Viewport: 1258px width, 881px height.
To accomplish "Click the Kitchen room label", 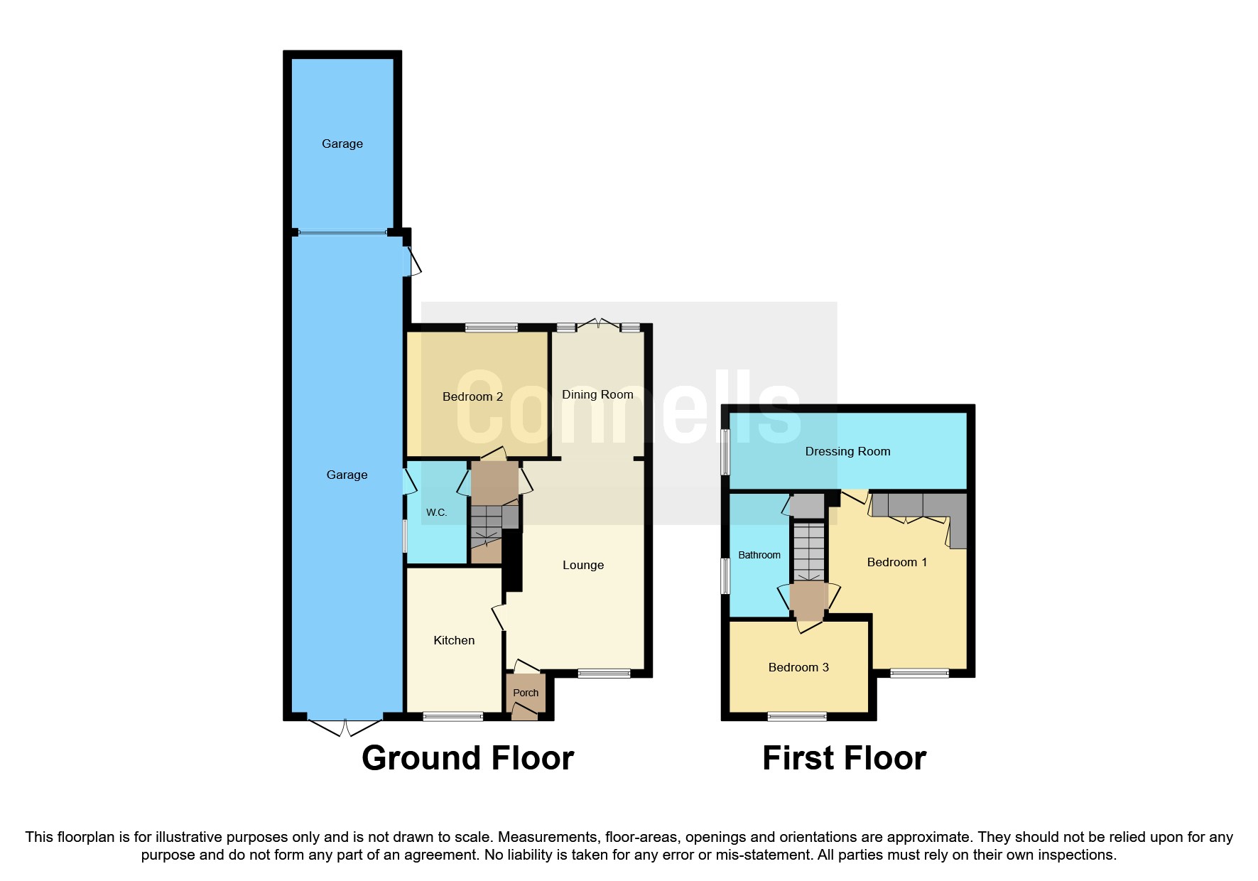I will [454, 640].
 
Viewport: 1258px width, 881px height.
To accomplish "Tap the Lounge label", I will [583, 565].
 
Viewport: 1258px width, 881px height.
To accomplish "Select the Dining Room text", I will [597, 394].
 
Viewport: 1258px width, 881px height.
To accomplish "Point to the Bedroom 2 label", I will [472, 396].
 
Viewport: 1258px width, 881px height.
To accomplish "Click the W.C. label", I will [436, 512].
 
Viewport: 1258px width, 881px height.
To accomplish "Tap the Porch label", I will [526, 693].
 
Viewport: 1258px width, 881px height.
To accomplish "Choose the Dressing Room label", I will [847, 451].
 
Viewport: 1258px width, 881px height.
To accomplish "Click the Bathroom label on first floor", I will [759, 555].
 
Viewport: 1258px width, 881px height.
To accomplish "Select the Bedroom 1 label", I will [897, 562].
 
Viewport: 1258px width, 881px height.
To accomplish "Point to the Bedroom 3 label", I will [798, 667].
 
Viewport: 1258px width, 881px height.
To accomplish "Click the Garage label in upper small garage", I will [342, 144].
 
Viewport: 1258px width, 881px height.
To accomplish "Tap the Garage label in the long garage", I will [347, 475].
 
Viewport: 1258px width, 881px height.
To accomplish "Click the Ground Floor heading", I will [467, 758].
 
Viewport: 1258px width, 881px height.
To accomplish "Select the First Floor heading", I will [844, 758].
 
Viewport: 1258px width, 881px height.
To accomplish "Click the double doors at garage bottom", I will [345, 728].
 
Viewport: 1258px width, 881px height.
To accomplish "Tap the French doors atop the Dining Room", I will [598, 325].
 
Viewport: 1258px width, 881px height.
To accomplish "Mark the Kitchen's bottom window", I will [452, 717].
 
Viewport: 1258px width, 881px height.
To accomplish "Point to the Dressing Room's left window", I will [725, 451].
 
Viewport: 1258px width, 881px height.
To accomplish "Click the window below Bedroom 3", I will [797, 717].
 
